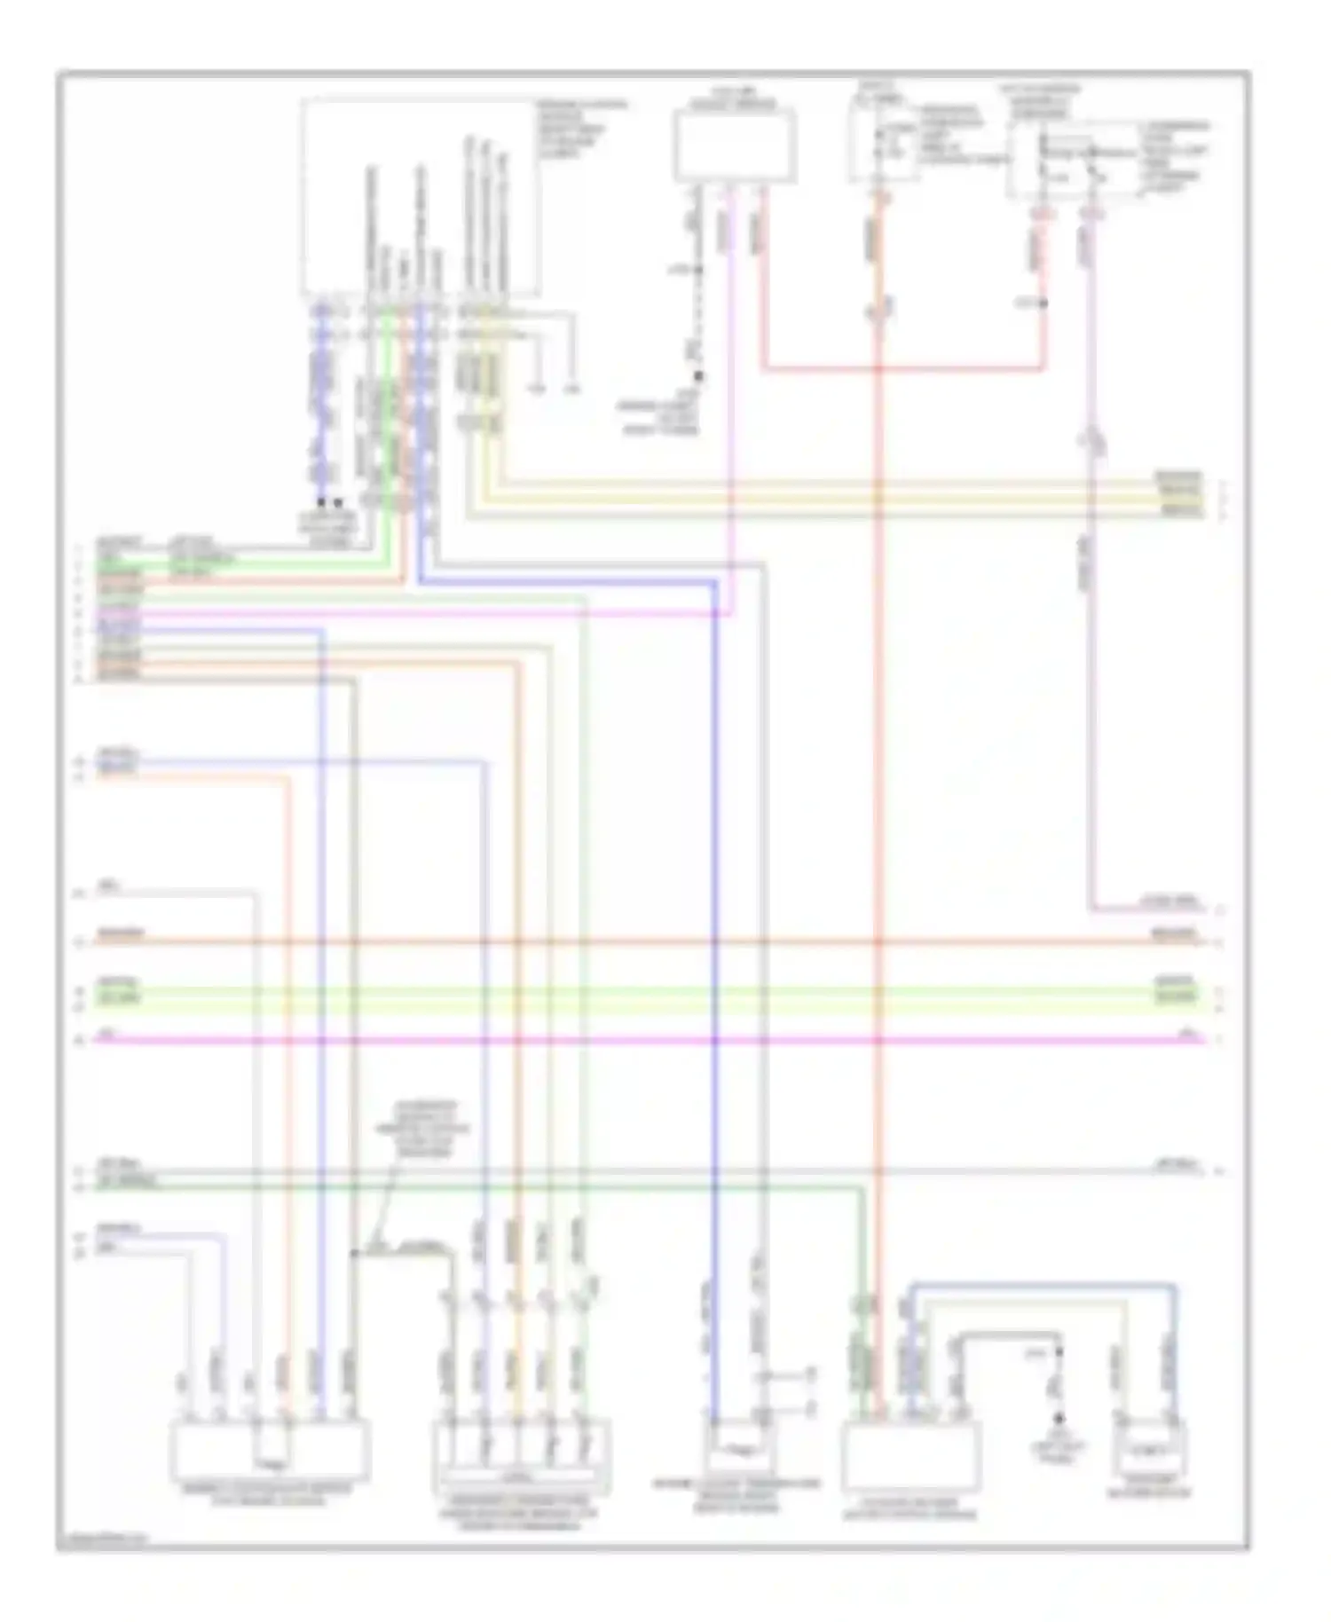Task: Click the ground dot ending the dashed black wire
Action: pyautogui.click(x=698, y=376)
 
